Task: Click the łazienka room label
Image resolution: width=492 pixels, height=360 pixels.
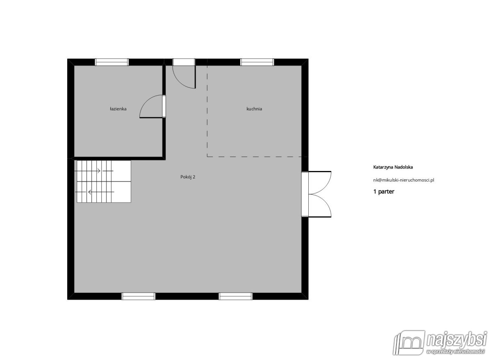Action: coord(118,109)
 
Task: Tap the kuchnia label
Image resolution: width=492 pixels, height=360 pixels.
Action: coord(254,109)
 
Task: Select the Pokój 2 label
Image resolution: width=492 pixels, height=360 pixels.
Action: coord(188,177)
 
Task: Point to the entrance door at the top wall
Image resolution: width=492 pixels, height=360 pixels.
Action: coord(184,73)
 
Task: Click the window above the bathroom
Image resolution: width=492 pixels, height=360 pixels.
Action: coord(112,62)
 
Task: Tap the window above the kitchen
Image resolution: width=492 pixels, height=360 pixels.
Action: coord(257,62)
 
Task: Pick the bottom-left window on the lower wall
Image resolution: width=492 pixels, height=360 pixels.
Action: coord(139,296)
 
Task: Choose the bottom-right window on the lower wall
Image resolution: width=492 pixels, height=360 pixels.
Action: coord(235,296)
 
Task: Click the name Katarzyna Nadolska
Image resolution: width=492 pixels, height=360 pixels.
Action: coord(393,167)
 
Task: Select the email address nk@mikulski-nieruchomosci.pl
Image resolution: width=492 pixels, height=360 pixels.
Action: coord(404,180)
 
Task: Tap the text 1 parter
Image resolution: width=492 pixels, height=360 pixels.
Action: coord(384,191)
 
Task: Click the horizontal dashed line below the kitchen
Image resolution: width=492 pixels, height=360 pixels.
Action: coord(254,157)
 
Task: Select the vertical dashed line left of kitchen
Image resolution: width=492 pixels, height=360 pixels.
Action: coord(207,111)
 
